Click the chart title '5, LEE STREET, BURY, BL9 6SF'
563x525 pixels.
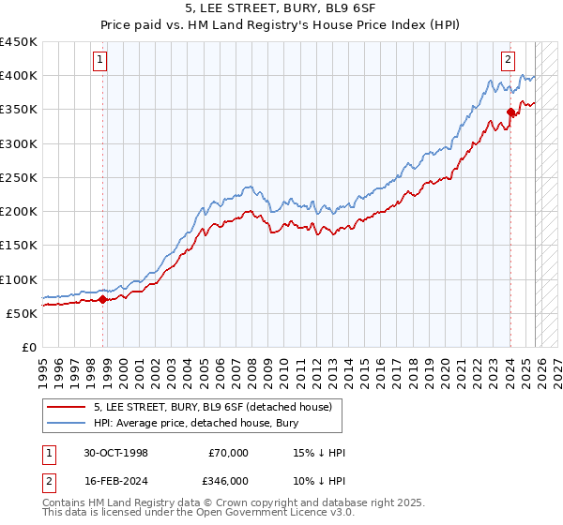(x=281, y=8)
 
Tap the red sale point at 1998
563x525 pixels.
(x=103, y=300)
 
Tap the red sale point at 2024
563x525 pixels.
(x=510, y=112)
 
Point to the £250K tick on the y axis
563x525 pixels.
(x=20, y=177)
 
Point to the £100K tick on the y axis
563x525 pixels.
(x=20, y=279)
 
